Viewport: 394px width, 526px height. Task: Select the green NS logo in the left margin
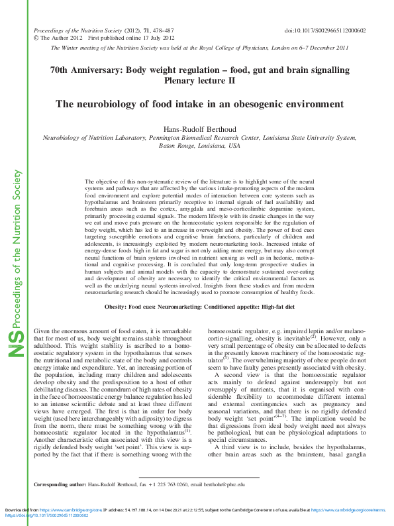pyautogui.click(x=17, y=342)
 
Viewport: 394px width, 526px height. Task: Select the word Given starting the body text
pyautogui.click(x=42, y=329)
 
